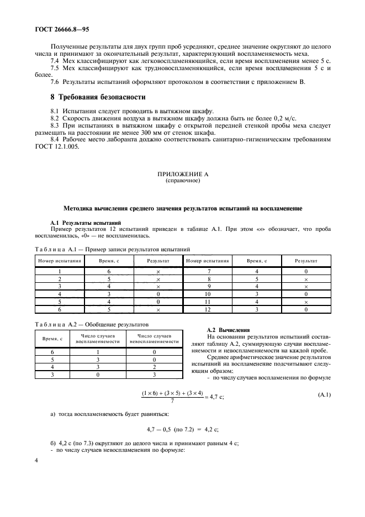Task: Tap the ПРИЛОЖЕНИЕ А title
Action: [x=183, y=173]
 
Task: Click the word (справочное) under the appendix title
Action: [x=183, y=180]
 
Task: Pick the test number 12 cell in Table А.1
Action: [x=208, y=310]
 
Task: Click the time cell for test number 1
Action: [x=109, y=272]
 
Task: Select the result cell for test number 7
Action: [x=306, y=272]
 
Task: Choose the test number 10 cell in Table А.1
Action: [x=208, y=295]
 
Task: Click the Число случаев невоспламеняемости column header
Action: [x=154, y=338]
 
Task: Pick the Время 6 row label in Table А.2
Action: [x=53, y=351]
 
